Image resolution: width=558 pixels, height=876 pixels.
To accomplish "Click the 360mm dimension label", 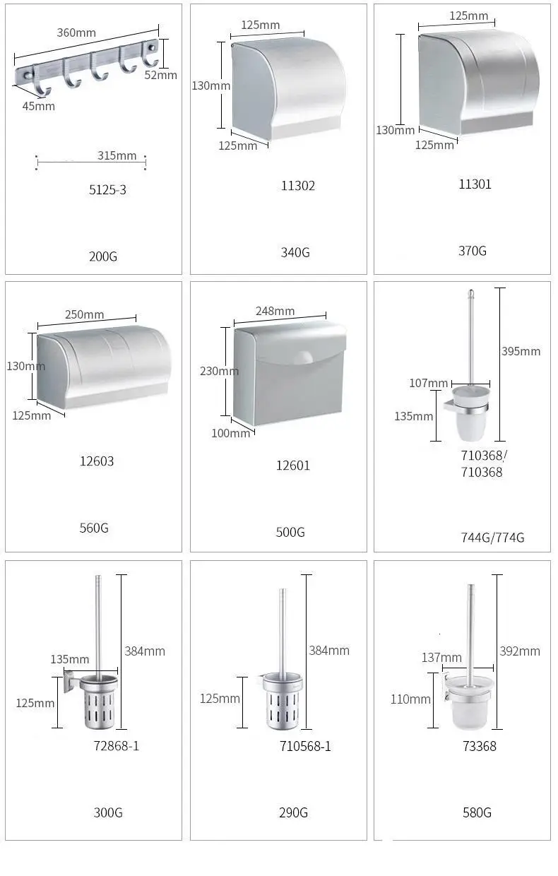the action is (x=76, y=32).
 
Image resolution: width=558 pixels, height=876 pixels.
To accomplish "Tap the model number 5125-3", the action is (x=107, y=190).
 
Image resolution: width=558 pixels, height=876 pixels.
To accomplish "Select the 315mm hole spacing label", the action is (x=117, y=155).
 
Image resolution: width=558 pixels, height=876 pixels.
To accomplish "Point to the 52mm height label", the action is (x=161, y=75).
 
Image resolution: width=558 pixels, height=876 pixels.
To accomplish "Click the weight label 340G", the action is (x=295, y=253).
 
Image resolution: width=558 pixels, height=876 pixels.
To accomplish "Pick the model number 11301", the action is (x=475, y=184).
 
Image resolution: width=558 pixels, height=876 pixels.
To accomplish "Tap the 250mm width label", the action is (x=85, y=315).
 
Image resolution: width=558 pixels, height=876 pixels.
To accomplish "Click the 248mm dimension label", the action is (x=275, y=312).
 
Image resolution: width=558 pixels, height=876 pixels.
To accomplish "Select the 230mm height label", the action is (x=220, y=371).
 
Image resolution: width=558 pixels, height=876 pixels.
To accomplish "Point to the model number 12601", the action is (x=293, y=466).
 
